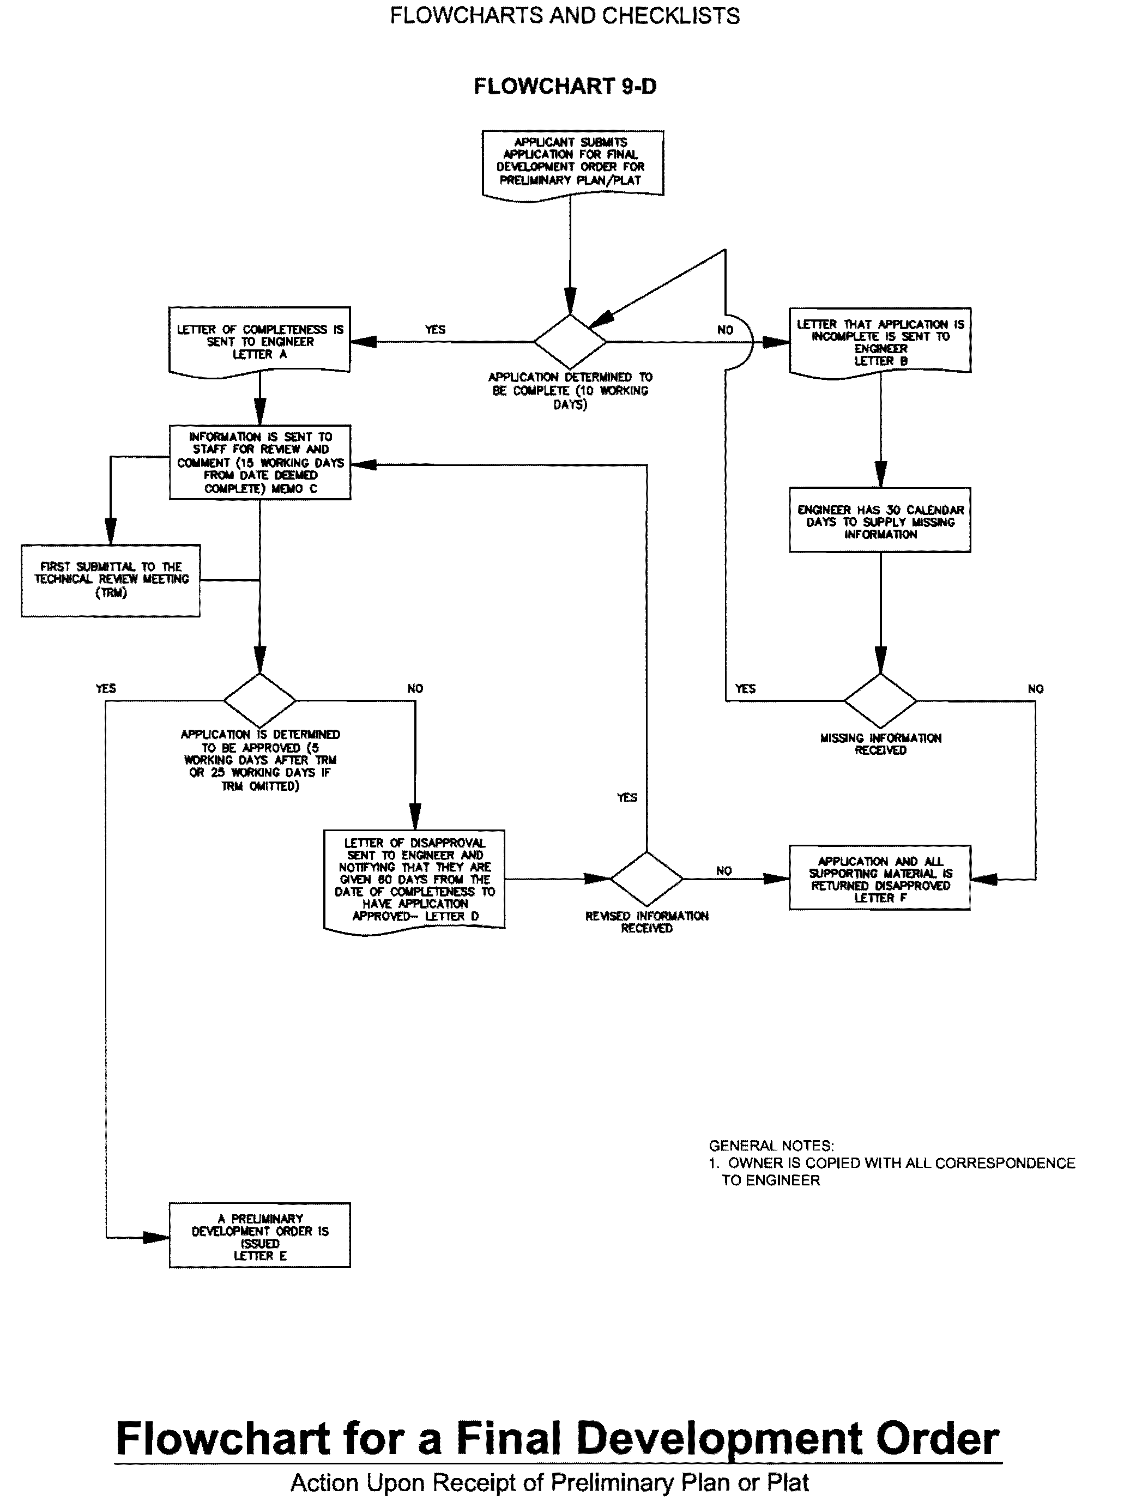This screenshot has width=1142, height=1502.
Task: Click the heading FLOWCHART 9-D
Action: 565,86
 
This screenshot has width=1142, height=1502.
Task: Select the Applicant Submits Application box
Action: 572,162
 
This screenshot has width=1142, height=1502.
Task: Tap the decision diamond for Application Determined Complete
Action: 570,341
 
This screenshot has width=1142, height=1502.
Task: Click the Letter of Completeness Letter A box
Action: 259,341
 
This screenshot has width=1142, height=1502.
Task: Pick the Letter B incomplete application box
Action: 880,341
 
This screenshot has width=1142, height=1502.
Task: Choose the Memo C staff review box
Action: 259,462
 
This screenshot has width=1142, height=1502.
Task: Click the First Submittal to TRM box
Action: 111,580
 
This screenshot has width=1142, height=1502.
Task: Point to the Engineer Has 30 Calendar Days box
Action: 880,520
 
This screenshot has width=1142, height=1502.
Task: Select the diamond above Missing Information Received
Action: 880,700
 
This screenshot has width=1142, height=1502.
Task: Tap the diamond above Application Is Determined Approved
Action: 259,700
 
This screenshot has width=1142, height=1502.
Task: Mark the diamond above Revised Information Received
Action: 646,879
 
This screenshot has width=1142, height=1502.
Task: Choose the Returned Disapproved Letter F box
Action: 880,878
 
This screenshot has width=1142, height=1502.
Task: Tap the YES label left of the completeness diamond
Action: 435,330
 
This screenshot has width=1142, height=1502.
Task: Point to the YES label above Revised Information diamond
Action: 627,797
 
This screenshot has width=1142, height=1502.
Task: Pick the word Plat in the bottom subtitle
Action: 789,1482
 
